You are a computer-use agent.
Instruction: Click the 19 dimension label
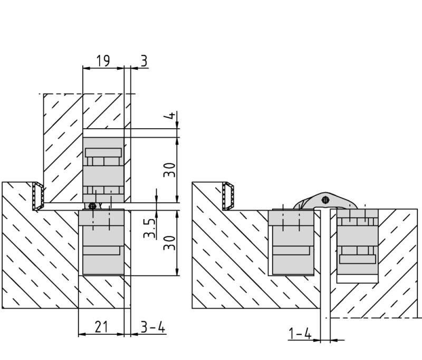103,61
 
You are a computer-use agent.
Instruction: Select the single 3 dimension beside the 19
144,61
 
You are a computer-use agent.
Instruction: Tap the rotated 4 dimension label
169,116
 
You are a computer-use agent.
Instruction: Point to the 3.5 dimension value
149,229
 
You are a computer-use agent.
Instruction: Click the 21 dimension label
101,327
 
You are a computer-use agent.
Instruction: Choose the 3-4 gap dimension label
152,327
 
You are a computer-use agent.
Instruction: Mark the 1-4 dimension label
300,334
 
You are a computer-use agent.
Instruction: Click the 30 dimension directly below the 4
169,170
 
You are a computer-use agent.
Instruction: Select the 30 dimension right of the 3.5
169,243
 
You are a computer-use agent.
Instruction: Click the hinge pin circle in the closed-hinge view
92,206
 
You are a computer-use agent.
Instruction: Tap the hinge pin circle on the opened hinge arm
325,200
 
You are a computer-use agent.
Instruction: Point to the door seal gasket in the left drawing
38,196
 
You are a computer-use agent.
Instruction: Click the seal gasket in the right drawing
228,196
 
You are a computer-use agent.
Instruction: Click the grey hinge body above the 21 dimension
101,242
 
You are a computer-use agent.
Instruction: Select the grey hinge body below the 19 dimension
103,170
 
